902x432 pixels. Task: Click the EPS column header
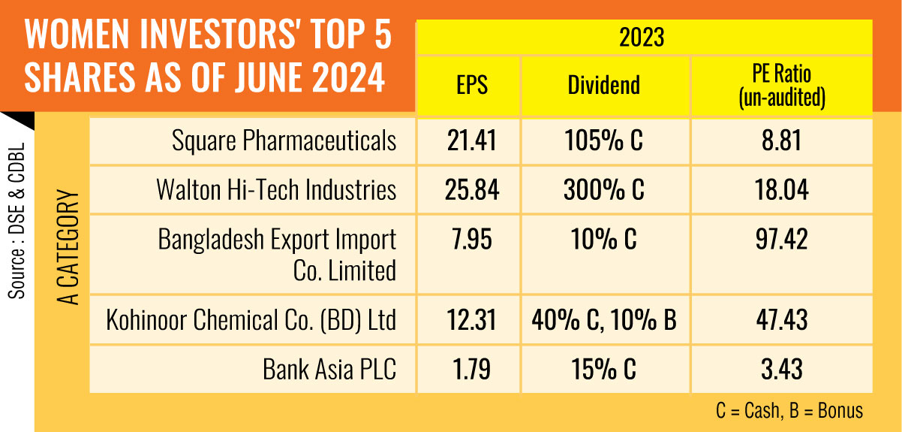click(471, 84)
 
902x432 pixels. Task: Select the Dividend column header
click(603, 84)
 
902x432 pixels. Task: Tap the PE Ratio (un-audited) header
click(781, 84)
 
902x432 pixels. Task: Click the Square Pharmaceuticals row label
click(284, 141)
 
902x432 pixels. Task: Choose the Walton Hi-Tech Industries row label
click(276, 189)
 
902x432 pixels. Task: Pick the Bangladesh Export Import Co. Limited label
click(278, 254)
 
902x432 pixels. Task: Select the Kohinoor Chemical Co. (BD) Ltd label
click(251, 321)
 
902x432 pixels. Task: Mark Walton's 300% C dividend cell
click(603, 189)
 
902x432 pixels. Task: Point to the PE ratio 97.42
click(781, 240)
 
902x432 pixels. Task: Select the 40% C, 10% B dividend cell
click(603, 321)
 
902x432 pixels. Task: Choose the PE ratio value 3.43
click(781, 369)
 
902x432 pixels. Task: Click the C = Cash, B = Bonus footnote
click(789, 411)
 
